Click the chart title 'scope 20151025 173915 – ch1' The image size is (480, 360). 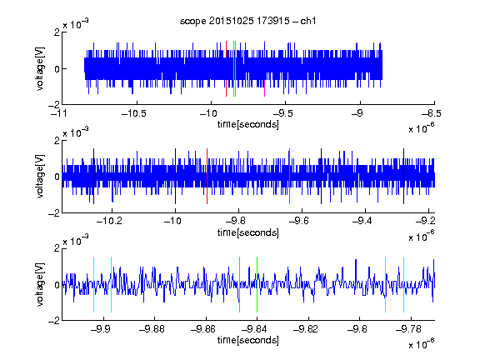point(247,21)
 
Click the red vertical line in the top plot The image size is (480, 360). point(226,68)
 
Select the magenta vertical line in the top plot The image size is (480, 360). point(264,68)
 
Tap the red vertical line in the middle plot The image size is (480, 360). point(207,177)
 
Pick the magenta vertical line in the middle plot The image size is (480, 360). point(289,177)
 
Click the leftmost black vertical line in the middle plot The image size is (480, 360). point(93,177)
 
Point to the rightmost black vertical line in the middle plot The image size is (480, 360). point(403,177)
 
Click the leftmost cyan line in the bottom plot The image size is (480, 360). point(93,285)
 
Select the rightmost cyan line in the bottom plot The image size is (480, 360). point(403,285)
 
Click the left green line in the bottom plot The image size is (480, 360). point(239,285)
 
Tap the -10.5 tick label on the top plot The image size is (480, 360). point(134,113)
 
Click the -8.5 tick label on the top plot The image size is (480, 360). point(432,113)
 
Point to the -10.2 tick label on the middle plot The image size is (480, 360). point(109,221)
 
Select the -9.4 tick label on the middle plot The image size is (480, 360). point(362,221)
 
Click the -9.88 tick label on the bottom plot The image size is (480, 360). point(152,329)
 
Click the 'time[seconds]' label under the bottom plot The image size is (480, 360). point(248,340)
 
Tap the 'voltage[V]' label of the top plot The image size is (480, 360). point(40,68)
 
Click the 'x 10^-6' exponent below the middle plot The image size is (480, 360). point(422,237)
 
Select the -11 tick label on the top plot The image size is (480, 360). point(58,113)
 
